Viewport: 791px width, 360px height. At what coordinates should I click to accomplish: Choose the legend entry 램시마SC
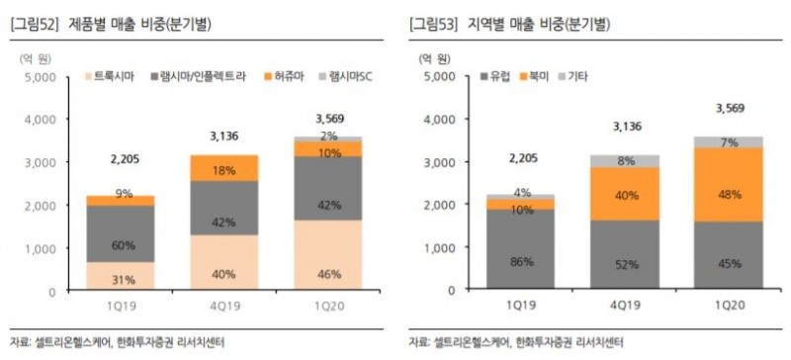(x=351, y=75)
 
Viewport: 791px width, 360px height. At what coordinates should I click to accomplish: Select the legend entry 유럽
(x=497, y=75)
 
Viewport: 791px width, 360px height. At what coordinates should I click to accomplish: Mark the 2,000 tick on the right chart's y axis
(x=442, y=206)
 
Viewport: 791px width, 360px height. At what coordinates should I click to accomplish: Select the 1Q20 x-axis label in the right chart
(x=728, y=307)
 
